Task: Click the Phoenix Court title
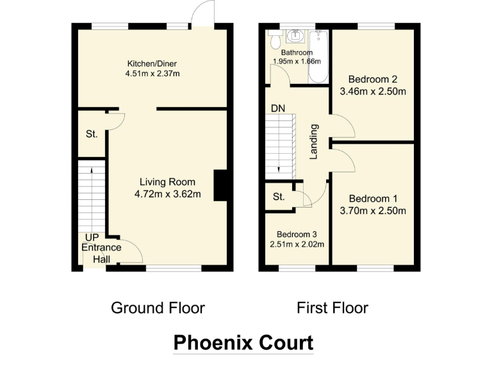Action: (243, 343)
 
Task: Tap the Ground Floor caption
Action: (158, 308)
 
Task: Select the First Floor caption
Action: (332, 308)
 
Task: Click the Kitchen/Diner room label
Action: (152, 63)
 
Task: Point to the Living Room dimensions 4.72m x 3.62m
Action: (165, 194)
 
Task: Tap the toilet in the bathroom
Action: (275, 42)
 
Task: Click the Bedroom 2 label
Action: (373, 79)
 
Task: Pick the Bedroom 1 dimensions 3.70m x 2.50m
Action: (373, 210)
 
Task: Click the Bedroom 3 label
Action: (296, 234)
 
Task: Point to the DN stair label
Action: (277, 109)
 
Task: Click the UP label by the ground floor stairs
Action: (83, 237)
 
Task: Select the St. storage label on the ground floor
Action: (92, 135)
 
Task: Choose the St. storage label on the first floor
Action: (278, 197)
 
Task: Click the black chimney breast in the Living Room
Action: (220, 186)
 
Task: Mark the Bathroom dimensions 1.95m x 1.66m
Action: (297, 61)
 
